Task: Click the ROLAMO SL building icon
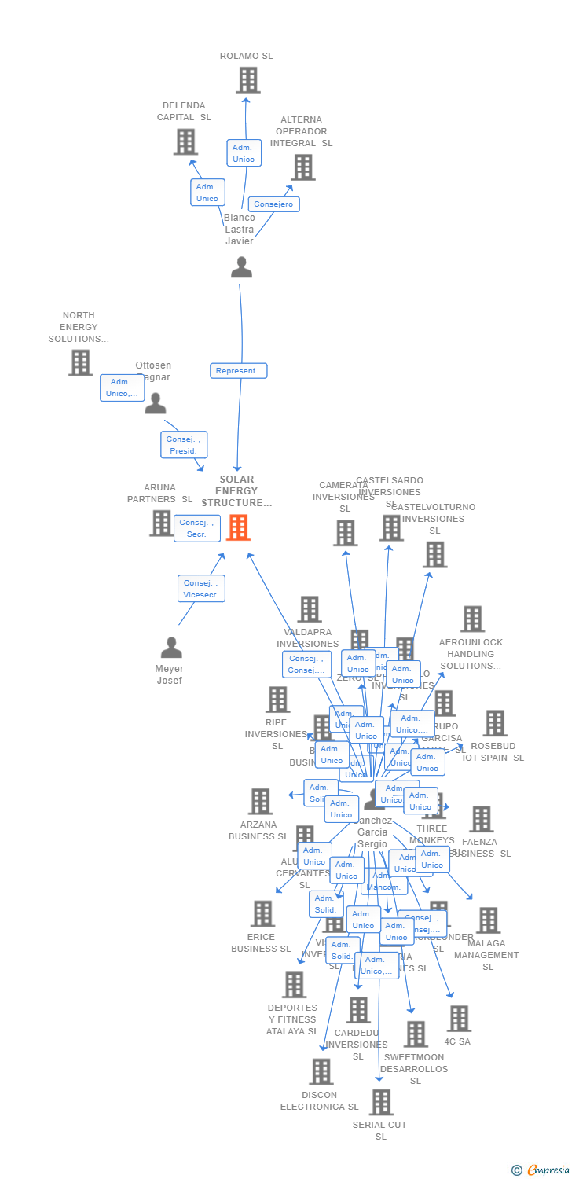(x=248, y=80)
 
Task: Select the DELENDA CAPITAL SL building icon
(x=185, y=141)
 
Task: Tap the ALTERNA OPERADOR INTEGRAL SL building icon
(x=303, y=167)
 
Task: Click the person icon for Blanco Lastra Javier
(x=241, y=267)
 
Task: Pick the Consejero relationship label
(x=273, y=204)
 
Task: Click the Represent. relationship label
(x=238, y=370)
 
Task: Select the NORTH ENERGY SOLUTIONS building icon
(x=80, y=362)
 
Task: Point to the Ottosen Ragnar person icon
(x=156, y=403)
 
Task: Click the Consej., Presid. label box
(x=185, y=445)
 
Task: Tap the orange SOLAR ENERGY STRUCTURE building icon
(x=238, y=527)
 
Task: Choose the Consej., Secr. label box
(x=196, y=528)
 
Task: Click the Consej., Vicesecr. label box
(x=202, y=589)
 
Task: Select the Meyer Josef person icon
(x=171, y=648)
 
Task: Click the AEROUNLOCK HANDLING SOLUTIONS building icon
(x=471, y=619)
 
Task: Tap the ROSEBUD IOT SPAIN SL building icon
(x=495, y=723)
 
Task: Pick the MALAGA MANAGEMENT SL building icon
(x=488, y=920)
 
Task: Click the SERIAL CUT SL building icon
(x=381, y=1102)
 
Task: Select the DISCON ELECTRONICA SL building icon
(x=321, y=1071)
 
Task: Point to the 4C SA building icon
(x=459, y=1019)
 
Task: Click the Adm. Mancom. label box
(x=384, y=882)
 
